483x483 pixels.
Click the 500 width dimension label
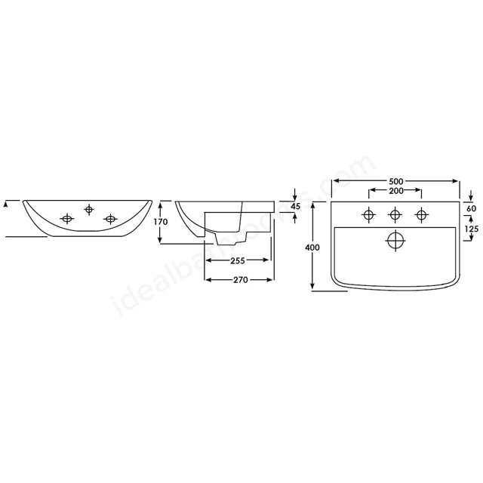[x=395, y=181]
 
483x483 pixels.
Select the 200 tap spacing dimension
[x=395, y=192]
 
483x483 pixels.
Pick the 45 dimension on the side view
[x=295, y=207]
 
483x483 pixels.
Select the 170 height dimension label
[x=161, y=223]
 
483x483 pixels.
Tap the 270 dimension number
[x=241, y=279]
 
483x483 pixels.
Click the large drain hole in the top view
[x=395, y=241]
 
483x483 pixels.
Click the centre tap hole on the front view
[x=90, y=209]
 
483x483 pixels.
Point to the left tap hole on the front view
[x=68, y=220]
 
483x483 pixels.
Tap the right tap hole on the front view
[x=112, y=220]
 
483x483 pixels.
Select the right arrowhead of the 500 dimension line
[x=457, y=181]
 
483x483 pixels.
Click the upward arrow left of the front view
[x=6, y=202]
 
